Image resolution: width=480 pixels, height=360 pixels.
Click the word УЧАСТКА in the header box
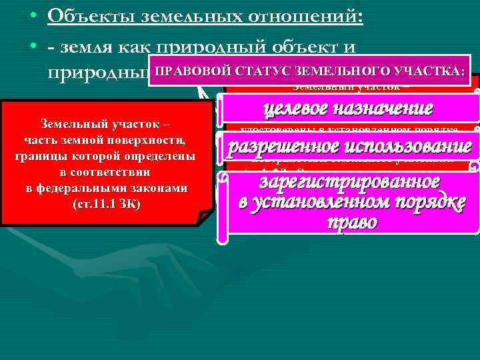coord(426,70)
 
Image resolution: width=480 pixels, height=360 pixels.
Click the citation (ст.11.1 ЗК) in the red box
coord(105,203)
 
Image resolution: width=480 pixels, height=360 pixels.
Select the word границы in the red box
coord(46,157)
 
